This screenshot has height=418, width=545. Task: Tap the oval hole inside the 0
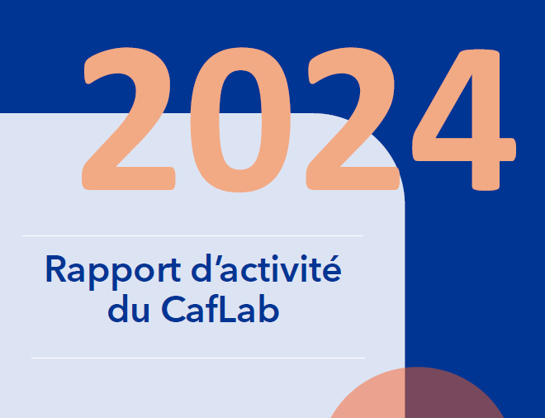[x=240, y=120]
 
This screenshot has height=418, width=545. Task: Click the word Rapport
[x=113, y=272]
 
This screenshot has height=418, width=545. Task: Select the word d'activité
[x=266, y=268]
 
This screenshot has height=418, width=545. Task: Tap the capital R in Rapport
[x=55, y=268]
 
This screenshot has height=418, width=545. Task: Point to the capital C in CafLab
[x=173, y=310]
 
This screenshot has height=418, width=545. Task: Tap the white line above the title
[x=193, y=235]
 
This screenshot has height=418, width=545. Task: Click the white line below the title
[x=198, y=358]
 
